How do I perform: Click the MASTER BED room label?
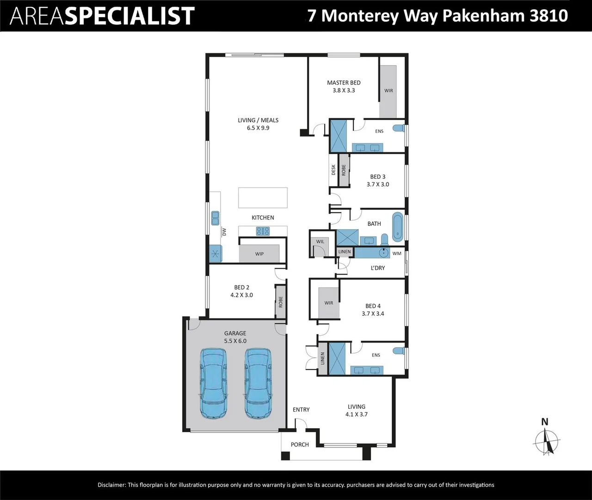click(344, 83)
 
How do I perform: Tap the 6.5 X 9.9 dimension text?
click(258, 128)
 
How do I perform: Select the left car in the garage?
click(213, 383)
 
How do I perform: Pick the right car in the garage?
click(258, 383)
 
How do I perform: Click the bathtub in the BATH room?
click(398, 227)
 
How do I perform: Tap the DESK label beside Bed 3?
click(333, 170)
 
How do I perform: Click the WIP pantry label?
click(259, 254)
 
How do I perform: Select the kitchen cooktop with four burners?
click(263, 231)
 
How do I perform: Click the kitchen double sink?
click(215, 218)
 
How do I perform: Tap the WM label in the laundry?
click(397, 253)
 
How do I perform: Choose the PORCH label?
click(300, 444)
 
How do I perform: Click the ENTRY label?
click(301, 409)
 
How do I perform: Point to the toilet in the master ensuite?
click(398, 128)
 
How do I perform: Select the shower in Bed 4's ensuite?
click(337, 358)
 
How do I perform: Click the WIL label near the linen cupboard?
click(320, 241)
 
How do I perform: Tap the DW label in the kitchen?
click(224, 232)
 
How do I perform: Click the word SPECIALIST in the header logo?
click(129, 16)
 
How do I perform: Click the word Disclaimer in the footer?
click(111, 485)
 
